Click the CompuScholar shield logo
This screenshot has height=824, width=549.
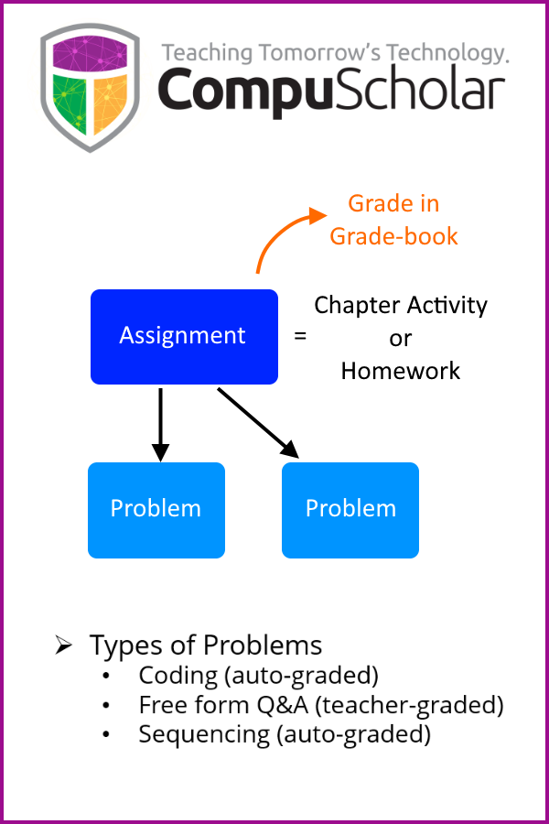tap(90, 87)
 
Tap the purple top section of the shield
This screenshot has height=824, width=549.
tap(90, 54)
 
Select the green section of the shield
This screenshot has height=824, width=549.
tap(70, 103)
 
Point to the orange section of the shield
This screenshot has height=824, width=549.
tap(111, 103)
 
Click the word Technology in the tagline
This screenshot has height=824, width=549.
tap(447, 54)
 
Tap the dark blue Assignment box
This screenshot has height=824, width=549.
tap(184, 337)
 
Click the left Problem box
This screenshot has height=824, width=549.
tap(156, 510)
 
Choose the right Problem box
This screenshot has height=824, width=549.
tap(350, 510)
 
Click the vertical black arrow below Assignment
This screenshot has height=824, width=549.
tap(160, 425)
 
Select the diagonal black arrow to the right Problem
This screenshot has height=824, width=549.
tap(258, 423)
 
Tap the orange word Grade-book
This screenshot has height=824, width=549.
tap(393, 236)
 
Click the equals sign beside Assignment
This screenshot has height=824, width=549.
tap(300, 335)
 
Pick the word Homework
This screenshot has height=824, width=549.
tap(401, 371)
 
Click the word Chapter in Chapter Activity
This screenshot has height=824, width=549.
tap(357, 306)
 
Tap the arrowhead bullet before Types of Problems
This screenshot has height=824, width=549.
tap(63, 645)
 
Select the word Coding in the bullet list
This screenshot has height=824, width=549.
tap(178, 677)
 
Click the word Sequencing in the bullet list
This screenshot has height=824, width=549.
tap(204, 734)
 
